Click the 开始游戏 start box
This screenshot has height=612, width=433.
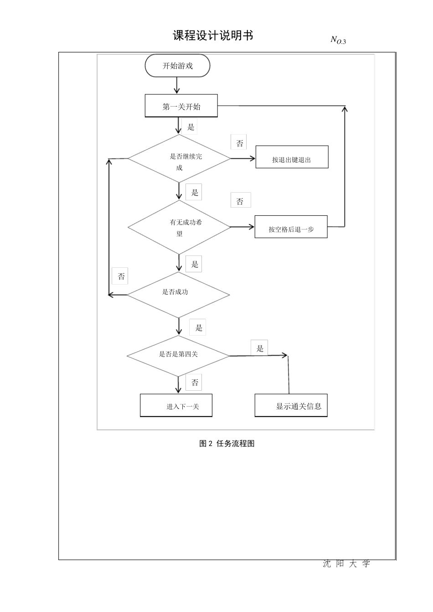[177, 66]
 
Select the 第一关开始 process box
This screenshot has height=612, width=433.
[181, 106]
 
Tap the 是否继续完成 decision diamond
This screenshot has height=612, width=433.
[179, 159]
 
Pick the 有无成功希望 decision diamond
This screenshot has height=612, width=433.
[179, 227]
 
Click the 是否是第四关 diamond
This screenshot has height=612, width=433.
[178, 356]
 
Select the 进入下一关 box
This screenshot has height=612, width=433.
[176, 405]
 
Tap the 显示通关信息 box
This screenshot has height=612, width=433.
[291, 405]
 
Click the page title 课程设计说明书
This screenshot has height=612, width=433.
[213, 36]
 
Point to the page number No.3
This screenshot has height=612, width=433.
[338, 40]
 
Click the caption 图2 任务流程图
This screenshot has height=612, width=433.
[227, 444]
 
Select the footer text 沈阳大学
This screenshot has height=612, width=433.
[346, 564]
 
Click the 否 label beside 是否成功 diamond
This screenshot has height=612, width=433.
[121, 276]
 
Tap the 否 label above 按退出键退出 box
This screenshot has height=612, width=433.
[240, 143]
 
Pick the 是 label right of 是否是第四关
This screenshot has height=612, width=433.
[259, 348]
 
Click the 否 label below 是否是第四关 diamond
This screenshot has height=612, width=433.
[195, 382]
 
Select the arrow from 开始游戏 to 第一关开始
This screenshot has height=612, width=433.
[177, 86]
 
